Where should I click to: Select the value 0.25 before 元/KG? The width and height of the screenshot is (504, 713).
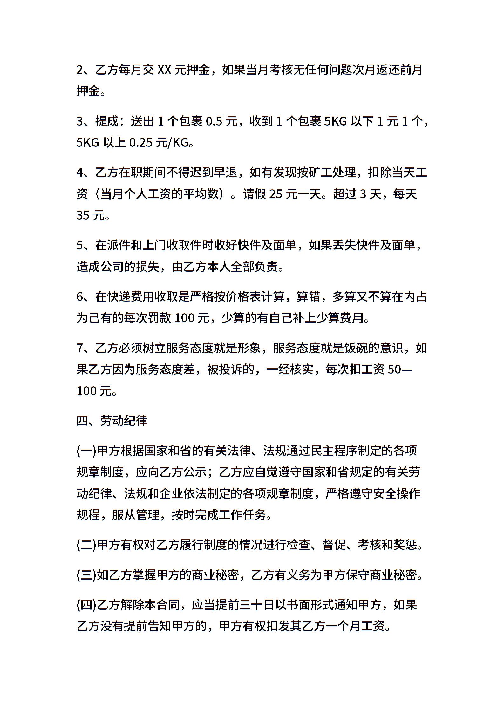pos(141,143)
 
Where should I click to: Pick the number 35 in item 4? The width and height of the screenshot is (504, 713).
pos(83,216)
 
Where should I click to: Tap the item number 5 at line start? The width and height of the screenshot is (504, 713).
pos(80,246)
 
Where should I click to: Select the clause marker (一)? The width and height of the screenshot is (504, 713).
pos(87,451)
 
